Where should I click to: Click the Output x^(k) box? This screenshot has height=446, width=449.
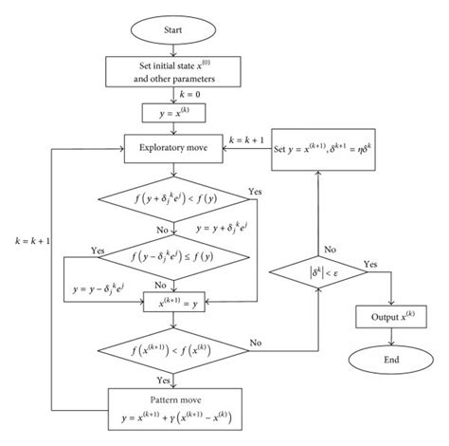pos(388,314)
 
